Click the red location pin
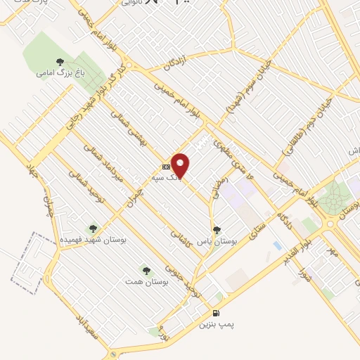point(181,165)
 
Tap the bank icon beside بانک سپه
point(166,167)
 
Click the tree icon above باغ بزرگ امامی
point(60,61)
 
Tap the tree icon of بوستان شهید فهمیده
point(93,229)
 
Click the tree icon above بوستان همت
point(146,270)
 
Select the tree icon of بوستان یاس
point(217,229)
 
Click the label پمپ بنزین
point(214,325)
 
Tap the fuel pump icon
point(214,314)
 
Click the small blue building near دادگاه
point(277,246)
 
